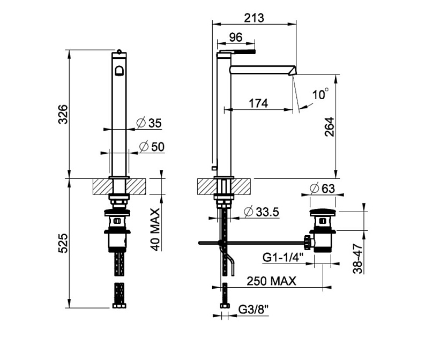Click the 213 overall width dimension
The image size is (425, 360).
[x=253, y=18]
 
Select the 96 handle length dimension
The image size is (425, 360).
[x=235, y=37]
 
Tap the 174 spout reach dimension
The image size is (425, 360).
[x=258, y=103]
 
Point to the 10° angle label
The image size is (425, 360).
[x=320, y=94]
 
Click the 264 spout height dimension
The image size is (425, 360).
[x=329, y=127]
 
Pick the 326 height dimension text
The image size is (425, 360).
[x=63, y=114]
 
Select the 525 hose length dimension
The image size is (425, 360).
[x=63, y=243]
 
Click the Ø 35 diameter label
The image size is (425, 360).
[x=149, y=123]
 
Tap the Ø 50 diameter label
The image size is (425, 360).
[x=152, y=147]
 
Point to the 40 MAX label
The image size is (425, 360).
[x=155, y=229]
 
